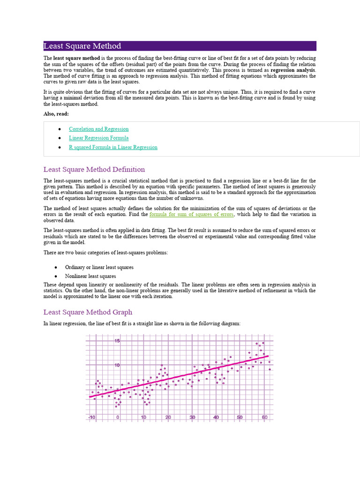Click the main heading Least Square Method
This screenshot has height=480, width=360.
[x=82, y=46]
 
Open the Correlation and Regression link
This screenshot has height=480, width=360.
[x=98, y=129]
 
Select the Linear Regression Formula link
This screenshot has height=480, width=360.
[x=98, y=138]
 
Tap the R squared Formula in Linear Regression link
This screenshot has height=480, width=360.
[x=113, y=147]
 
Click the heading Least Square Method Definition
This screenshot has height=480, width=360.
[x=94, y=169]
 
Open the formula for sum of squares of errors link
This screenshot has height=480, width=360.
[x=191, y=214]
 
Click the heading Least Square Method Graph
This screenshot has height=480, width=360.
[x=88, y=312]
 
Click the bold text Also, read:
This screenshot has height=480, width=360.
[x=56, y=114]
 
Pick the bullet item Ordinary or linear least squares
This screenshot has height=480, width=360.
[x=99, y=267]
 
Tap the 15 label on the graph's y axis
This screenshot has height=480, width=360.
[x=117, y=341]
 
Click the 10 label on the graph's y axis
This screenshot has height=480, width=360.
[x=117, y=365]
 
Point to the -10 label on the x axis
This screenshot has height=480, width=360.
[x=92, y=417]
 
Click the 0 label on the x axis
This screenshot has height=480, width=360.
[x=118, y=417]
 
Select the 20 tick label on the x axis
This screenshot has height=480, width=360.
[x=168, y=417]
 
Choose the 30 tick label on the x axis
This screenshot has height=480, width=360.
[x=192, y=417]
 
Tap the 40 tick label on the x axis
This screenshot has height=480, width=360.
[x=216, y=417]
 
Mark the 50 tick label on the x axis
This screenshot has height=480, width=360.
[x=240, y=417]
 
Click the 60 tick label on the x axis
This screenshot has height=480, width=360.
[x=265, y=417]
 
